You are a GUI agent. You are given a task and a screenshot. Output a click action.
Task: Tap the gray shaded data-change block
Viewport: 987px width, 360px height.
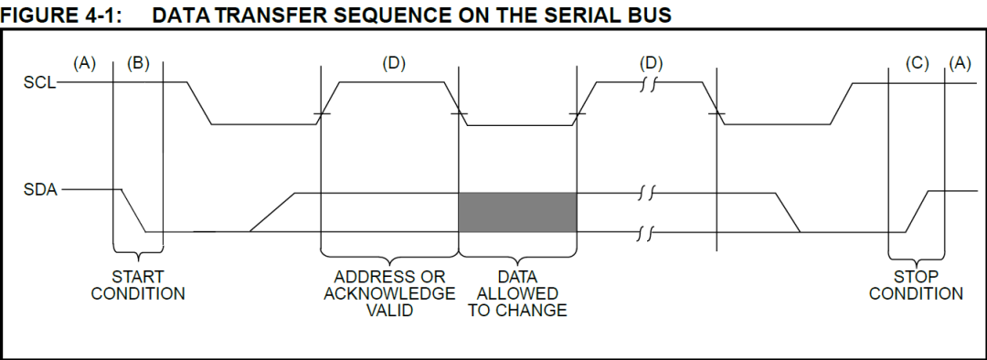(517, 212)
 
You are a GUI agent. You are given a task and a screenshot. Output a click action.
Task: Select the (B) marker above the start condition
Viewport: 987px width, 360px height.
(138, 64)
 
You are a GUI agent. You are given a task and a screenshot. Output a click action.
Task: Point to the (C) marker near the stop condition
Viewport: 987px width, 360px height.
(917, 64)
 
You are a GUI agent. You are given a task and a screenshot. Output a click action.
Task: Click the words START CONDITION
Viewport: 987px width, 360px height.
(138, 285)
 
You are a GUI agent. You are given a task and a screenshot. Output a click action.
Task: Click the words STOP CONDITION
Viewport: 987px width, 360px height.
(916, 285)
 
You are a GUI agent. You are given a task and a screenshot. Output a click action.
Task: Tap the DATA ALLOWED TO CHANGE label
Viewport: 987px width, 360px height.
(517, 293)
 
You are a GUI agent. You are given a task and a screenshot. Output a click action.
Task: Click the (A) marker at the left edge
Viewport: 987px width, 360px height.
(85, 64)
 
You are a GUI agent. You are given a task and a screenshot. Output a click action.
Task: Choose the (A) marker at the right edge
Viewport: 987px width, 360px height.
(960, 64)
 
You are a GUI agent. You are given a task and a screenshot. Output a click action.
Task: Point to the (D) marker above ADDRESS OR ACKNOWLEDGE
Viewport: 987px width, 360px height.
(394, 64)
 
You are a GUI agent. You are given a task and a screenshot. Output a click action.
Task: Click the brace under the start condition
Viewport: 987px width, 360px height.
(138, 252)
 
